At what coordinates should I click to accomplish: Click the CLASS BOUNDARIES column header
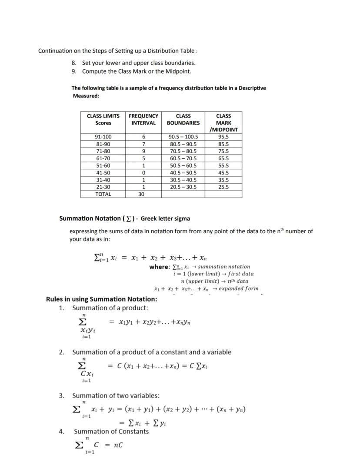coord(183,119)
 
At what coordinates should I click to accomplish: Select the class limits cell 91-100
coord(103,137)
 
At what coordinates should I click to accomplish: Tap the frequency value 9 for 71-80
coord(143,151)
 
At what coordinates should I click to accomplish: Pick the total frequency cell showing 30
coord(141,194)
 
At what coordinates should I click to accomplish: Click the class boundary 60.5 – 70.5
coord(183,158)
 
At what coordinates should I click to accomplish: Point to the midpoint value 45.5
coord(223,173)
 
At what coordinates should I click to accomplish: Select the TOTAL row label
coord(103,194)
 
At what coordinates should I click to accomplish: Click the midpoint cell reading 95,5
coord(223,137)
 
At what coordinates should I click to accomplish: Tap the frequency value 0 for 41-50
coord(143,173)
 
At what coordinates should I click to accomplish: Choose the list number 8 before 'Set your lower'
coord(74,63)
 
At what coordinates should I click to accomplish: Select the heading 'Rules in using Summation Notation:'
coord(101,299)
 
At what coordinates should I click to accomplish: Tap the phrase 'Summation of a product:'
coord(110,308)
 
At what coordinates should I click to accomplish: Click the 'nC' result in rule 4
coord(118,445)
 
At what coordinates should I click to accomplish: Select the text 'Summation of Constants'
coord(111,432)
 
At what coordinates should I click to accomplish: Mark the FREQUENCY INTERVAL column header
coord(143,119)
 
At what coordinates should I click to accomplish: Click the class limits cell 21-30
coord(103,187)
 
